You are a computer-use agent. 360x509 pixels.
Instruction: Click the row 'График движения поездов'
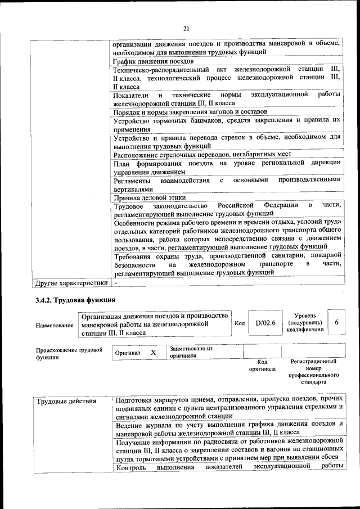(154, 61)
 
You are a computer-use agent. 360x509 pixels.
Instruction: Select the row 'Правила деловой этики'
(150, 198)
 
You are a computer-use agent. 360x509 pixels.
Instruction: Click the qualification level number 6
(336, 323)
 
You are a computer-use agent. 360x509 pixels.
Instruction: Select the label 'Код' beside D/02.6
(238, 323)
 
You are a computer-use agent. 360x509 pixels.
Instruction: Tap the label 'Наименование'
(55, 326)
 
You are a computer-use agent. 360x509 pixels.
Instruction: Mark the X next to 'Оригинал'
(152, 352)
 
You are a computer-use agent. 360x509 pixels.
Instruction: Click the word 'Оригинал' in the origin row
(127, 353)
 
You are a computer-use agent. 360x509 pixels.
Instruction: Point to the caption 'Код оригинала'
(262, 366)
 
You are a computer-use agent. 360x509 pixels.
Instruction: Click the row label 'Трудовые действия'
(66, 402)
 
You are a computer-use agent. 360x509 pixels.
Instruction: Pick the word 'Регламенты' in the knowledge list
(132, 181)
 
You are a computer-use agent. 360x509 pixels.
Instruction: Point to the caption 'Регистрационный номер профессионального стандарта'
(313, 371)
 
